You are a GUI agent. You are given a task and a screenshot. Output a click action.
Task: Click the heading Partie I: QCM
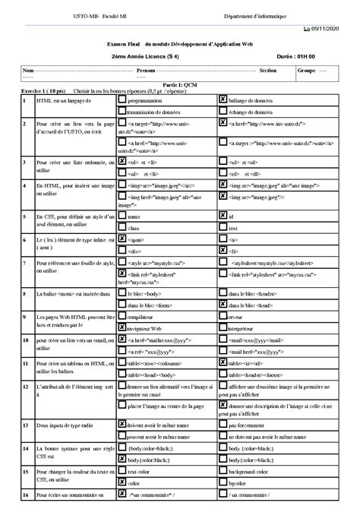pyautogui.click(x=180, y=86)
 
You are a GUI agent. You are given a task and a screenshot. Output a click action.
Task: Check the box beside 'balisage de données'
pyautogui.click(x=222, y=100)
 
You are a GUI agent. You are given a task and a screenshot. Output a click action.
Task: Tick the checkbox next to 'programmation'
pyautogui.click(x=122, y=100)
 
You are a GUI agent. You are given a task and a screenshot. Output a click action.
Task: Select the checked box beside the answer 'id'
pyautogui.click(x=222, y=217)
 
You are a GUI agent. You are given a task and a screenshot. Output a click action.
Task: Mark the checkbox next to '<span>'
pyautogui.click(x=122, y=239)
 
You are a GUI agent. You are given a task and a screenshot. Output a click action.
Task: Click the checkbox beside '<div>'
pyautogui.click(x=122, y=250)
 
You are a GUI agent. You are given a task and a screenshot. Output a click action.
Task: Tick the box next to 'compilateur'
pyautogui.click(x=122, y=315)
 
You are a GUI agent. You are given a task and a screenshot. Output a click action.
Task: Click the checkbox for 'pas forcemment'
pyautogui.click(x=222, y=425)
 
